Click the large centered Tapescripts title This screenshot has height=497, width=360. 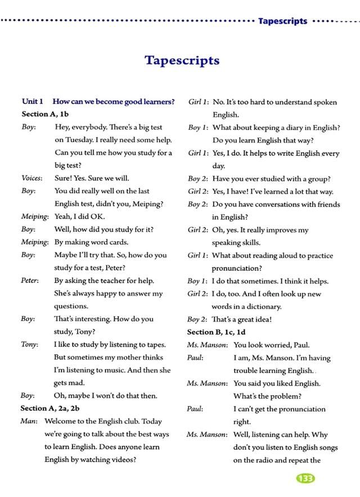point(182,60)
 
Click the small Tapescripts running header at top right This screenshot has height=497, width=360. point(282,21)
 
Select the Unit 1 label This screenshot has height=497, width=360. point(33,102)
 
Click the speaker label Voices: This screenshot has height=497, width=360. point(32,178)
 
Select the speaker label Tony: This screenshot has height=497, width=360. point(30,344)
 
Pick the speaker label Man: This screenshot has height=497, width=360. point(29,421)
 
